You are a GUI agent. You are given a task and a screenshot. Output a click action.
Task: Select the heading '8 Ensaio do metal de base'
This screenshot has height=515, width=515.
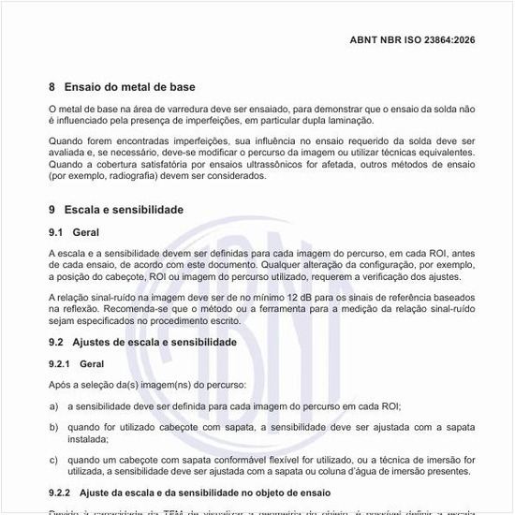(122, 87)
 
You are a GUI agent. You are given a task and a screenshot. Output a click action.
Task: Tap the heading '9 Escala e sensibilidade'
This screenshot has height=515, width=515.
(116, 210)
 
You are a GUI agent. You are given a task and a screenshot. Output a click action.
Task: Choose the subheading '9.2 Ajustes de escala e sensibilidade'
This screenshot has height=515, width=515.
(141, 343)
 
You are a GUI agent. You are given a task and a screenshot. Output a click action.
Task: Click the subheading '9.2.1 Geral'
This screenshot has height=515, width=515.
(76, 363)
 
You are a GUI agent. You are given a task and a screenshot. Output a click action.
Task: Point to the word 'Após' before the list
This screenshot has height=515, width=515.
(59, 385)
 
